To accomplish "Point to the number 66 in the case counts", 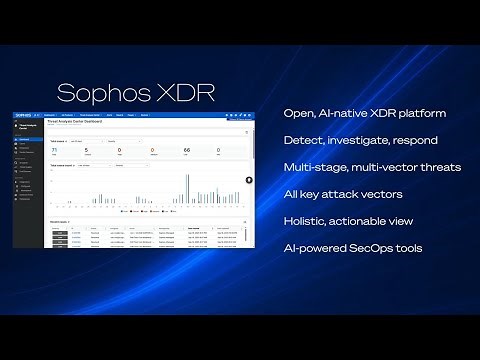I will pyautogui.click(x=187, y=150).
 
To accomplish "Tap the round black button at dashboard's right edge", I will pyautogui.click(x=251, y=180).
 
